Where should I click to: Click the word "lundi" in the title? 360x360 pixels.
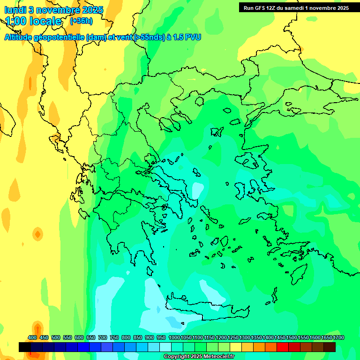coord(16,10)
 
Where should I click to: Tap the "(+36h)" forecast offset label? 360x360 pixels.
coord(81,21)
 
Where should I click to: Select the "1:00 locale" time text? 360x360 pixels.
coord(33,22)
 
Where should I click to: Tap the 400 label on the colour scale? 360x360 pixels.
coord(32,337)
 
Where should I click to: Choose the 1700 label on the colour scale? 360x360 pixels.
coord(338,337)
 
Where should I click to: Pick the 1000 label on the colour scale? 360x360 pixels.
coord(174,337)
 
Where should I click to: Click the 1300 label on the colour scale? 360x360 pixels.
coord(245,337)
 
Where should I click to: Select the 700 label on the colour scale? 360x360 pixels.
coord(103,337)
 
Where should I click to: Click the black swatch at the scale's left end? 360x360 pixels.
coord(25,347)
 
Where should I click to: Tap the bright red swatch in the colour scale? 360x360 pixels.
coord(283,347)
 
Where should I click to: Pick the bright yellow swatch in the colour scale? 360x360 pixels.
coord(236,347)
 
